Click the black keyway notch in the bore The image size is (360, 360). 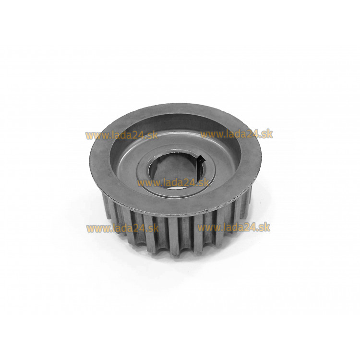coord(201,159)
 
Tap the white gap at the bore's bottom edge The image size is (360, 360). coord(175,188)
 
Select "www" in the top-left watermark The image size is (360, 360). coord(95,136)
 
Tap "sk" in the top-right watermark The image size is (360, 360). coord(267,134)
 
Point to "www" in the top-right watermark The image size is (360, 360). coord(209,135)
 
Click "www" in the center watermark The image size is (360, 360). coord(146,184)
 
